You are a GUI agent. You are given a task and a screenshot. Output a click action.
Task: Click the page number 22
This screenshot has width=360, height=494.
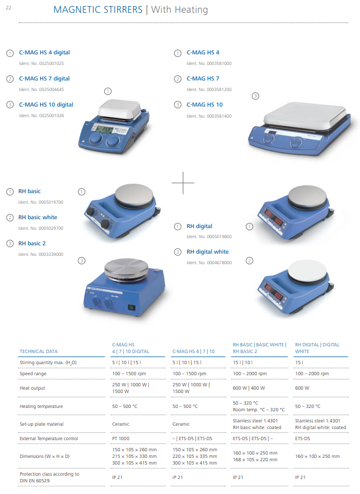(8, 8)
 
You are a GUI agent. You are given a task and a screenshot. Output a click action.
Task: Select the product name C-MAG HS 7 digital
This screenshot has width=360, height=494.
(44, 78)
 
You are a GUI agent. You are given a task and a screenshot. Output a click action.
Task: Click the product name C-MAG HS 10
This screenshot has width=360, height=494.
(204, 104)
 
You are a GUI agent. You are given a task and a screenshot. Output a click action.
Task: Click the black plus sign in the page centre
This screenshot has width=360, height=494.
(183, 183)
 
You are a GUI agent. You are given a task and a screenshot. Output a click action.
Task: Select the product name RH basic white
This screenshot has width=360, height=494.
(38, 218)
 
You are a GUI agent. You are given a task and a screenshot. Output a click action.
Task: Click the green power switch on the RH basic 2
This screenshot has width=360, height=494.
(131, 308)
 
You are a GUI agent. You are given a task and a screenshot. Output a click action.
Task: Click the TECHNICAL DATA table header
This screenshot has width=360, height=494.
(39, 351)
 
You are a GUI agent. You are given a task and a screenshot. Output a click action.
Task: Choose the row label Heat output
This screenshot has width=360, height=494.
(32, 388)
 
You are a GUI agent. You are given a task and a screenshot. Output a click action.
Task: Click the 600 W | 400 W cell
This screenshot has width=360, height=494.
(249, 388)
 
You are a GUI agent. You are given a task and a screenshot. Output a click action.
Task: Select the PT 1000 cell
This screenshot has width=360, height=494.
(121, 438)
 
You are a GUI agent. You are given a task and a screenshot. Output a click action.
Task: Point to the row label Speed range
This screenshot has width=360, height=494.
(33, 374)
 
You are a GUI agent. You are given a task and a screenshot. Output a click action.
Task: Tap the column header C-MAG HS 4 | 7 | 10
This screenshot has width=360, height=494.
(193, 351)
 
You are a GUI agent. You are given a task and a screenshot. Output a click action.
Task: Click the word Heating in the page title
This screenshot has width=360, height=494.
(192, 10)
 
